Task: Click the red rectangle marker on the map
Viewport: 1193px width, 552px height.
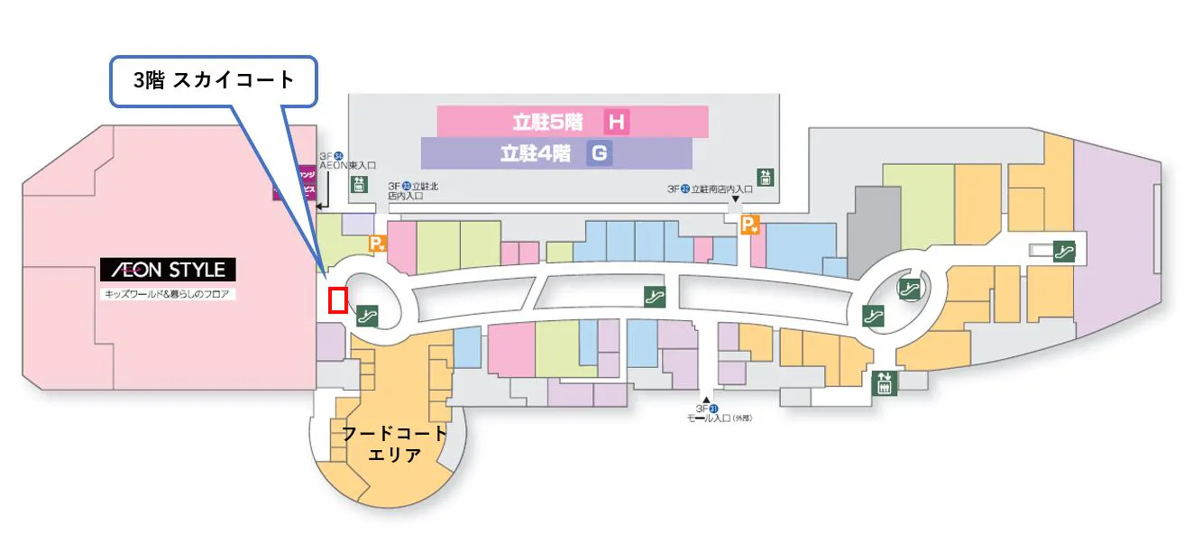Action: [x=338, y=299]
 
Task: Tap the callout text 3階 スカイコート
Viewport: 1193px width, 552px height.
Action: [x=214, y=80]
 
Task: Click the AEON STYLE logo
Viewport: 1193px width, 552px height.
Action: [x=168, y=269]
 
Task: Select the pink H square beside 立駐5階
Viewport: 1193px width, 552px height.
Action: [x=617, y=122]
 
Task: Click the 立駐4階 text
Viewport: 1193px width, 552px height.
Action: [x=536, y=153]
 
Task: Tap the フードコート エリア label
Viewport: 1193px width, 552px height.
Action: [x=394, y=444]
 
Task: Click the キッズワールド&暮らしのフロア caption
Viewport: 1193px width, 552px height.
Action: [x=167, y=294]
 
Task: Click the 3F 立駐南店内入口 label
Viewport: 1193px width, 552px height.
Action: [x=710, y=189]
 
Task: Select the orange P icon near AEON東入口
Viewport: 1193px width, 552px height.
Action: [x=378, y=244]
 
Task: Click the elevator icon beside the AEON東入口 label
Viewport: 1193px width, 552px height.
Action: [x=359, y=184]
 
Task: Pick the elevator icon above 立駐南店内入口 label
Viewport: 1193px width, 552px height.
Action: [x=766, y=176]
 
